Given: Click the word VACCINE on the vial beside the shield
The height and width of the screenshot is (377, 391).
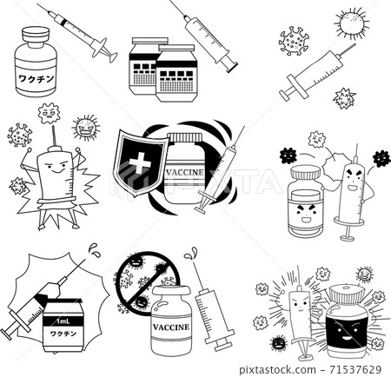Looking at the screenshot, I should tap(183, 171).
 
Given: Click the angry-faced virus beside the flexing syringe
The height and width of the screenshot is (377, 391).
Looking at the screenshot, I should tap(86, 128).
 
